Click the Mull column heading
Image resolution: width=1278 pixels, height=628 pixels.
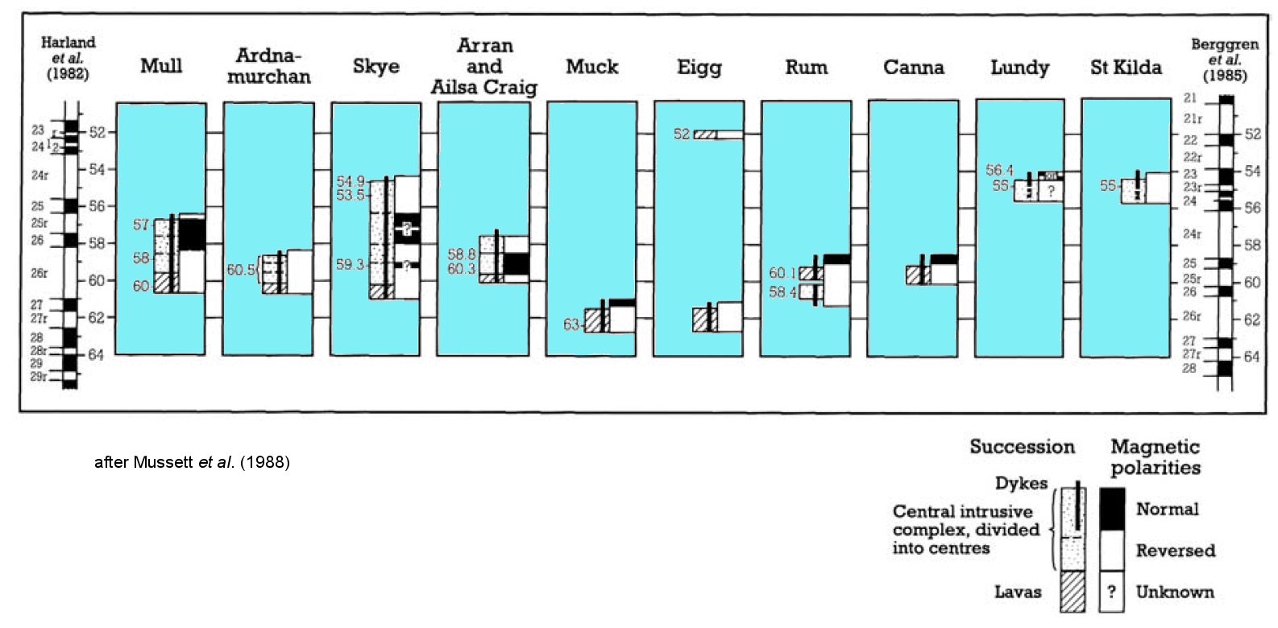[161, 66]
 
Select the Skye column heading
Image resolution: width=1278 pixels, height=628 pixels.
[376, 66]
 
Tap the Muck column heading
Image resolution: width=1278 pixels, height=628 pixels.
[591, 67]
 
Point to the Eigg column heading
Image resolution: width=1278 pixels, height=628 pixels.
[699, 68]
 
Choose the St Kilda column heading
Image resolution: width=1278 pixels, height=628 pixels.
[1126, 68]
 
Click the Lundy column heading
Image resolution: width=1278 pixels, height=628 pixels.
[1019, 68]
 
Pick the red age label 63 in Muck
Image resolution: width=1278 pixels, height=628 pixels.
[571, 324]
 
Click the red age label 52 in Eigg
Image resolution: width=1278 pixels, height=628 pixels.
[682, 134]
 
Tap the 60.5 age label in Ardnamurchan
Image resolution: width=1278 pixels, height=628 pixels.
[241, 270]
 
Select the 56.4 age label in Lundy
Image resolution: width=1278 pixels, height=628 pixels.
[999, 171]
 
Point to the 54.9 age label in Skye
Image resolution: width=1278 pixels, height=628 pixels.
[351, 182]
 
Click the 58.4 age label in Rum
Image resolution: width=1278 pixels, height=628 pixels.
[782, 291]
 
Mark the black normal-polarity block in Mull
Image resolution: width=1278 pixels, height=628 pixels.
[192, 233]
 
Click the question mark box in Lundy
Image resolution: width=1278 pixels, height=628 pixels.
[1051, 192]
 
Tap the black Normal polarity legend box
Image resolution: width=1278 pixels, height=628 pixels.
[1112, 509]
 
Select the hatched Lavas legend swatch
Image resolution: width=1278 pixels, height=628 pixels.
[1072, 592]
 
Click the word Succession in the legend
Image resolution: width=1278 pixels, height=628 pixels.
[1022, 447]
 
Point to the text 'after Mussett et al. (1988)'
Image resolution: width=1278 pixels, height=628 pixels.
[192, 462]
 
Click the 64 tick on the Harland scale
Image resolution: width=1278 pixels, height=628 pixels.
[96, 355]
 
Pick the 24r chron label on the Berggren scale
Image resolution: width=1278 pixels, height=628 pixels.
[1192, 234]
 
